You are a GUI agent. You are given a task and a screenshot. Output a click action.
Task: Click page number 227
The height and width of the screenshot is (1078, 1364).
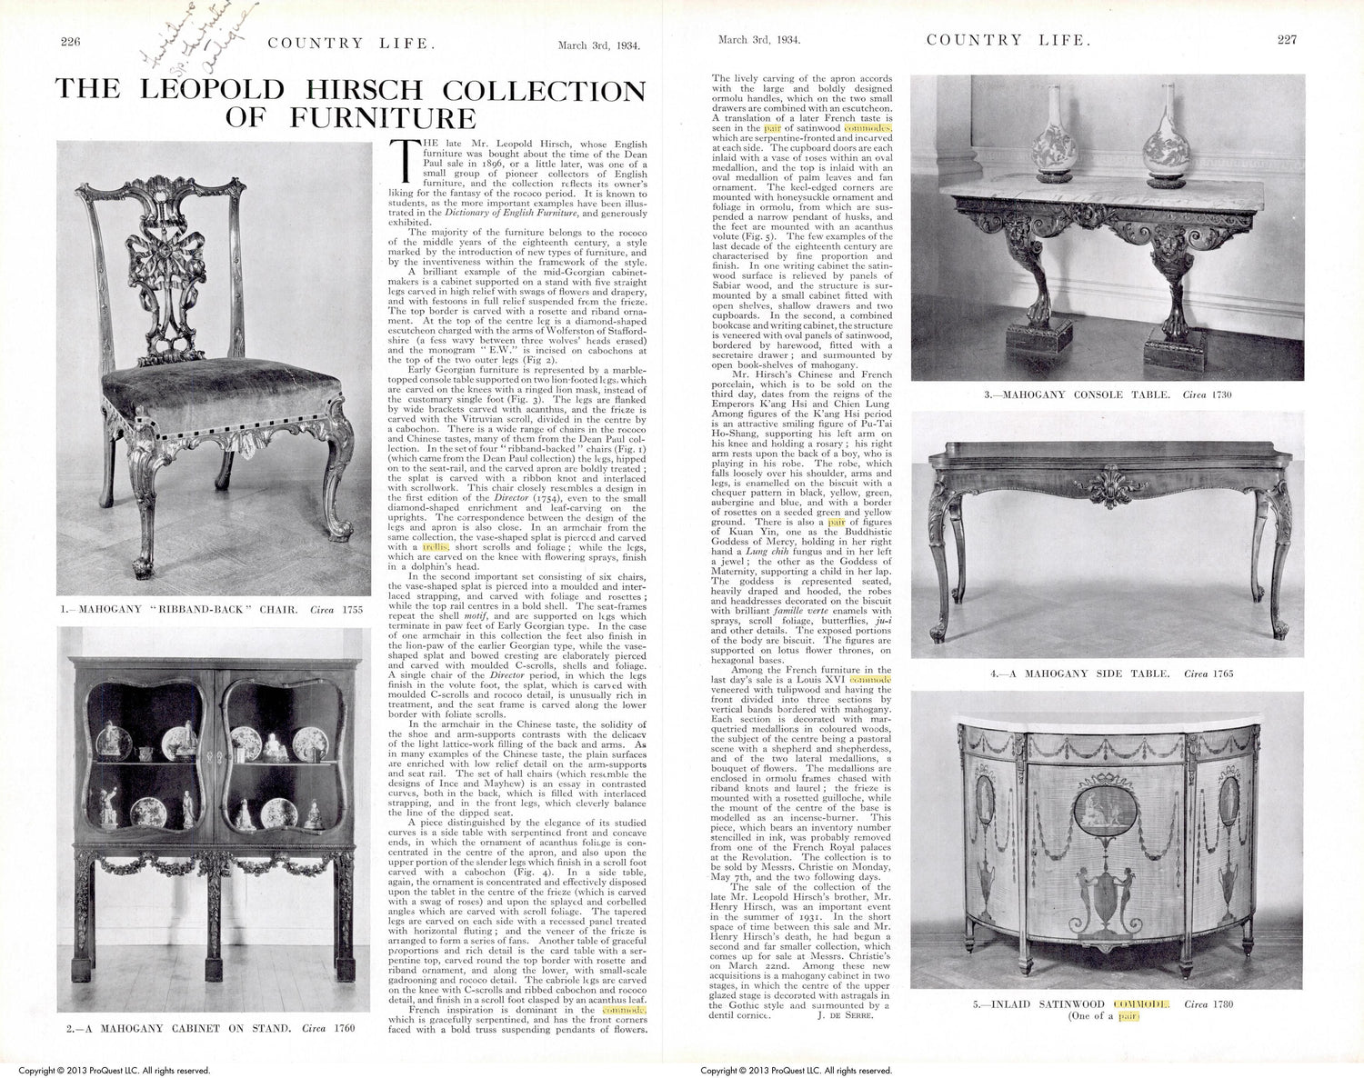pyautogui.click(x=1287, y=40)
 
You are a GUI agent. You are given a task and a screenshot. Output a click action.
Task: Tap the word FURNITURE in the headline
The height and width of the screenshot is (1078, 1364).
pyautogui.click(x=383, y=118)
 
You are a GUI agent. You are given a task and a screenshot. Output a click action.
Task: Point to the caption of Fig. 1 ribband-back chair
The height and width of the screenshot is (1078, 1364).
pyautogui.click(x=212, y=609)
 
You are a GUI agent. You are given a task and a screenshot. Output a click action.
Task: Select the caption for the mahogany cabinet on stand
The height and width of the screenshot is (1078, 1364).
pyautogui.click(x=210, y=1028)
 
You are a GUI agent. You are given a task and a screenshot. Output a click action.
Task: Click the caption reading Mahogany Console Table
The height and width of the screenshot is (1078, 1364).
pyautogui.click(x=1108, y=394)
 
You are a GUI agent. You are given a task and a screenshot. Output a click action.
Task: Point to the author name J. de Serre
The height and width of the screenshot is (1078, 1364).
pyautogui.click(x=846, y=1015)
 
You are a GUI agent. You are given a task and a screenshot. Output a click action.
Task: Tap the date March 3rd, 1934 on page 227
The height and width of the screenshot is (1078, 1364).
pyautogui.click(x=757, y=40)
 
